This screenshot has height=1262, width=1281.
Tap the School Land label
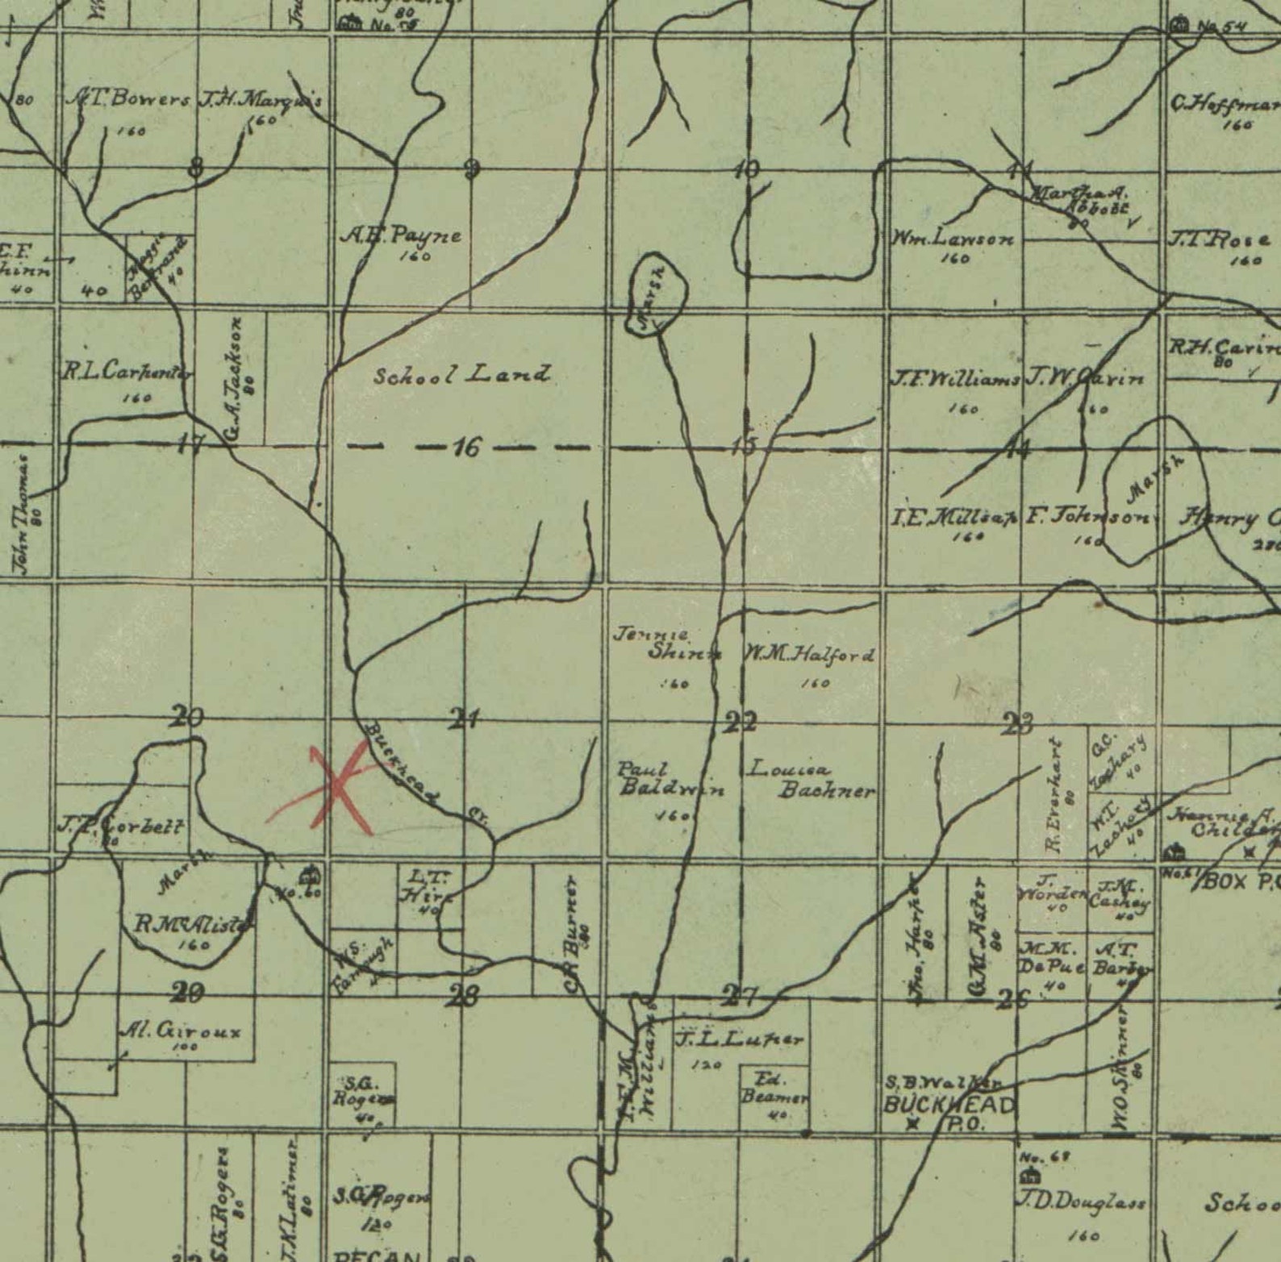tap(462, 375)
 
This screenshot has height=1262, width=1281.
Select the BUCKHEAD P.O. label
tap(949, 1112)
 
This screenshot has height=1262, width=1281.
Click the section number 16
tap(466, 446)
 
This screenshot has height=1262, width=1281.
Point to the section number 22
tap(741, 721)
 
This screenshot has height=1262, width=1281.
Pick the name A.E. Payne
tap(402, 236)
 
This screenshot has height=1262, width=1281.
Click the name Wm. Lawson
tap(953, 239)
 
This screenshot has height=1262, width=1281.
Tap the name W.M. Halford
tap(808, 655)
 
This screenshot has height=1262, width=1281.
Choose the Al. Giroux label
tap(179, 1030)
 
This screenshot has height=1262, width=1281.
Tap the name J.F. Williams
tap(954, 378)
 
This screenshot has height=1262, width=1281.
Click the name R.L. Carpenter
tap(127, 372)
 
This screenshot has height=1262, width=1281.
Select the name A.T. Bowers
tap(127, 100)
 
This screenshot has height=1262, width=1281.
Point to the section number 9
tap(472, 169)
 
